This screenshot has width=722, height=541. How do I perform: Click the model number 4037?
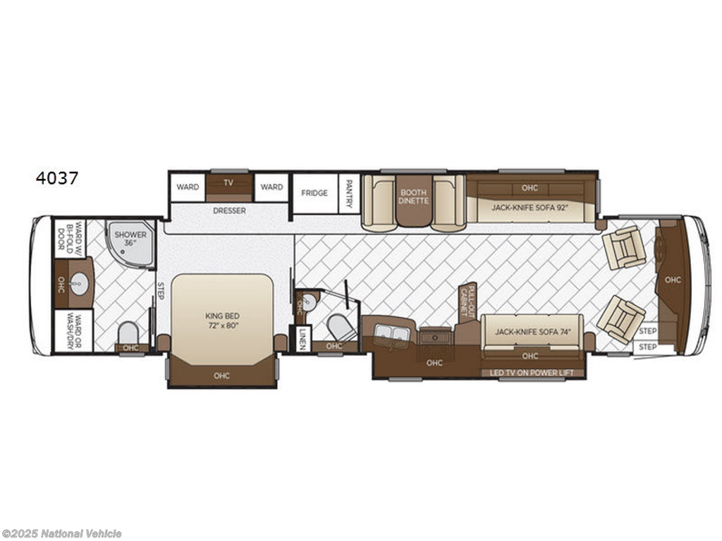pos(57,178)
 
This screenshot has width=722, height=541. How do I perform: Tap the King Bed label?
pos(222,321)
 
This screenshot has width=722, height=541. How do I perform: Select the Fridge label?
pos(314,193)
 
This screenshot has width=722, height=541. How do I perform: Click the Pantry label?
pos(349,193)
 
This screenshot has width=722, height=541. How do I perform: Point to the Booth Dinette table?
pos(413,201)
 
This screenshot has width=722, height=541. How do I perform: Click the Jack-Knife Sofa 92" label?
pos(530,208)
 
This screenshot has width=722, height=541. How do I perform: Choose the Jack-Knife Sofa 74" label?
pos(532,332)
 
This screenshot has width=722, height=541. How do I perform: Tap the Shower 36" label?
pos(130,238)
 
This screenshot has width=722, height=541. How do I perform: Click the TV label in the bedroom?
pos(228,182)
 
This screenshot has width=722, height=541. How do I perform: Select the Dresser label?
pos(229,211)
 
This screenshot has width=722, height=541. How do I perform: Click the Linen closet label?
pos(302,339)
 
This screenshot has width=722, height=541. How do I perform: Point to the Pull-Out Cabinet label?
pos(467,301)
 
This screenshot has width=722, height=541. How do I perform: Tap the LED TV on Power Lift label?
pos(532,373)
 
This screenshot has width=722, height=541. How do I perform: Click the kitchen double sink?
pos(391,333)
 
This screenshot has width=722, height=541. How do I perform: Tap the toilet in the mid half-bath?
pos(341,328)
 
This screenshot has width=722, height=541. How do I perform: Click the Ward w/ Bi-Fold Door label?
pos(70,239)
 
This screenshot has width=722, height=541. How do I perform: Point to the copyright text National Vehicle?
pos(82,533)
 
